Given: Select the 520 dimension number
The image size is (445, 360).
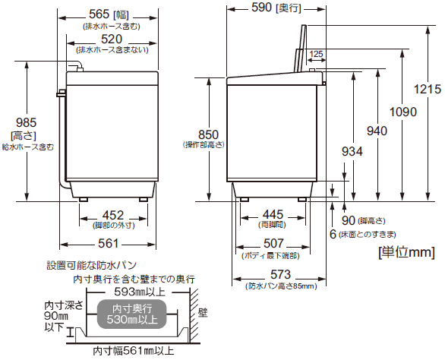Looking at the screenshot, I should pyautogui.click(x=109, y=39).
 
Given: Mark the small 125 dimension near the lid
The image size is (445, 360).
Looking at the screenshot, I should pyautogui.click(x=316, y=54).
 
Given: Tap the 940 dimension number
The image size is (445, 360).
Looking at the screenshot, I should pyautogui.click(x=377, y=131).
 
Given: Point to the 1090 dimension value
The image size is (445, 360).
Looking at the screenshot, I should pyautogui.click(x=403, y=112).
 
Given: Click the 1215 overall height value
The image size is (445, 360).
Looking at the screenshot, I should pyautogui.click(x=428, y=89).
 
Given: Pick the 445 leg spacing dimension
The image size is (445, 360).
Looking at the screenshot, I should pyautogui.click(x=272, y=214).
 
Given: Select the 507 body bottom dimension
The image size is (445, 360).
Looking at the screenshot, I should pyautogui.click(x=272, y=244).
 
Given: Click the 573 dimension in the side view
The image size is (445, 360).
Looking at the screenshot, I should pyautogui.click(x=271, y=274).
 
